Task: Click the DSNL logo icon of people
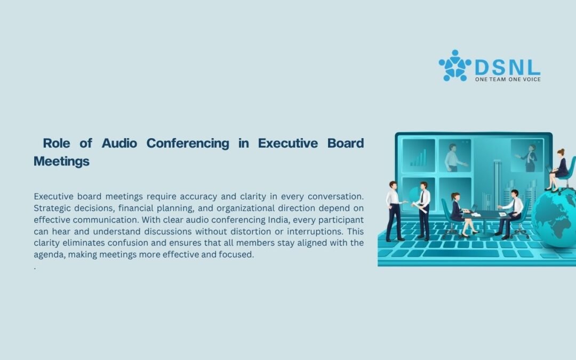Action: [454, 66]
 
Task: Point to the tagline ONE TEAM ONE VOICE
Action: [507, 79]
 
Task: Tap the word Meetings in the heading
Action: [61, 161]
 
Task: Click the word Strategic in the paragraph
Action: [55, 208]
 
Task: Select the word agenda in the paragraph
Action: [48, 254]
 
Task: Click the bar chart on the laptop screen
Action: [418, 158]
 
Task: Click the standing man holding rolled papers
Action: [424, 208]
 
